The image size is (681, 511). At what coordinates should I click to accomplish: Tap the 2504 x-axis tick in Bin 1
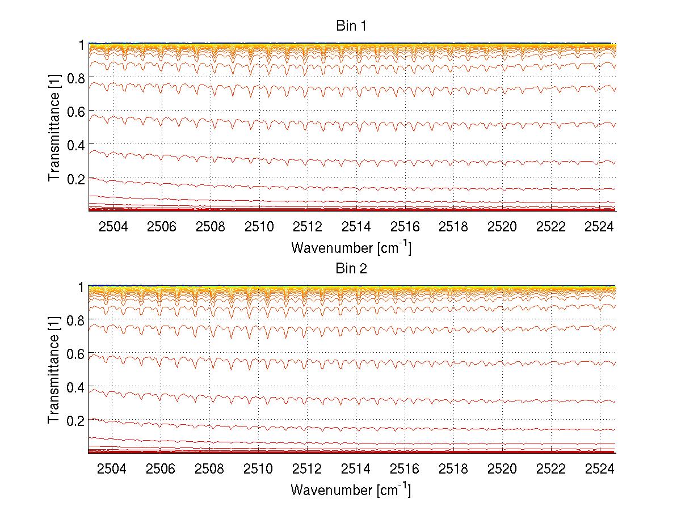pos(113,227)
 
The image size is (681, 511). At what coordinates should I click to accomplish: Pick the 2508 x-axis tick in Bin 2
pos(211,469)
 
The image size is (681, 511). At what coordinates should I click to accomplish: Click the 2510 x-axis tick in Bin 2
pos(259,469)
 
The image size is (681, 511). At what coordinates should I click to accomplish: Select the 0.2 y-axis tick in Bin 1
pos(76,178)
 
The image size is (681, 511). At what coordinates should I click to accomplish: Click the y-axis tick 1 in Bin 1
pos(81,44)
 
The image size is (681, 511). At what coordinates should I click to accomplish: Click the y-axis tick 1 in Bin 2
pos(81,287)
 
